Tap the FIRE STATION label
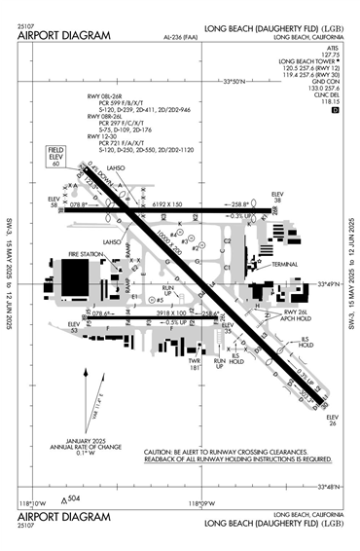(x=86, y=254)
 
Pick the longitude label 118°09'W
(x=200, y=503)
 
